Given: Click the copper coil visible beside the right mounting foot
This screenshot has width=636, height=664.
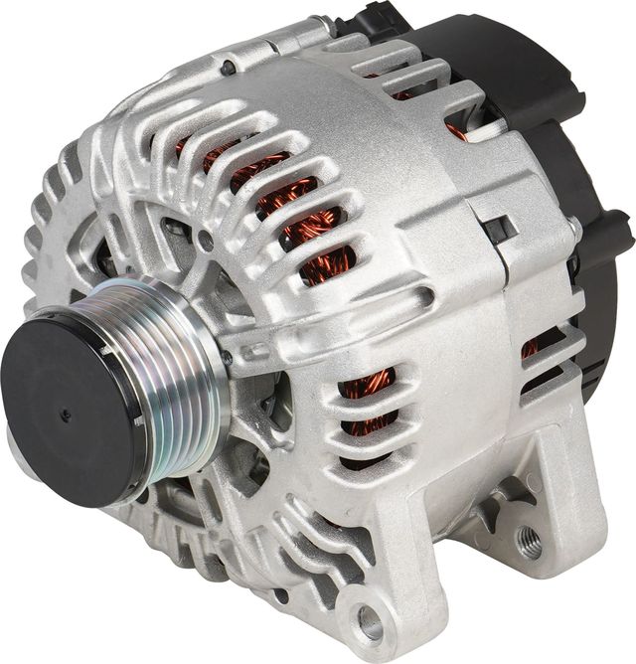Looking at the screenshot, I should (x=530, y=349).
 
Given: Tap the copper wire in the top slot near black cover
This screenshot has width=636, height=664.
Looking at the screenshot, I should (x=456, y=130).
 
